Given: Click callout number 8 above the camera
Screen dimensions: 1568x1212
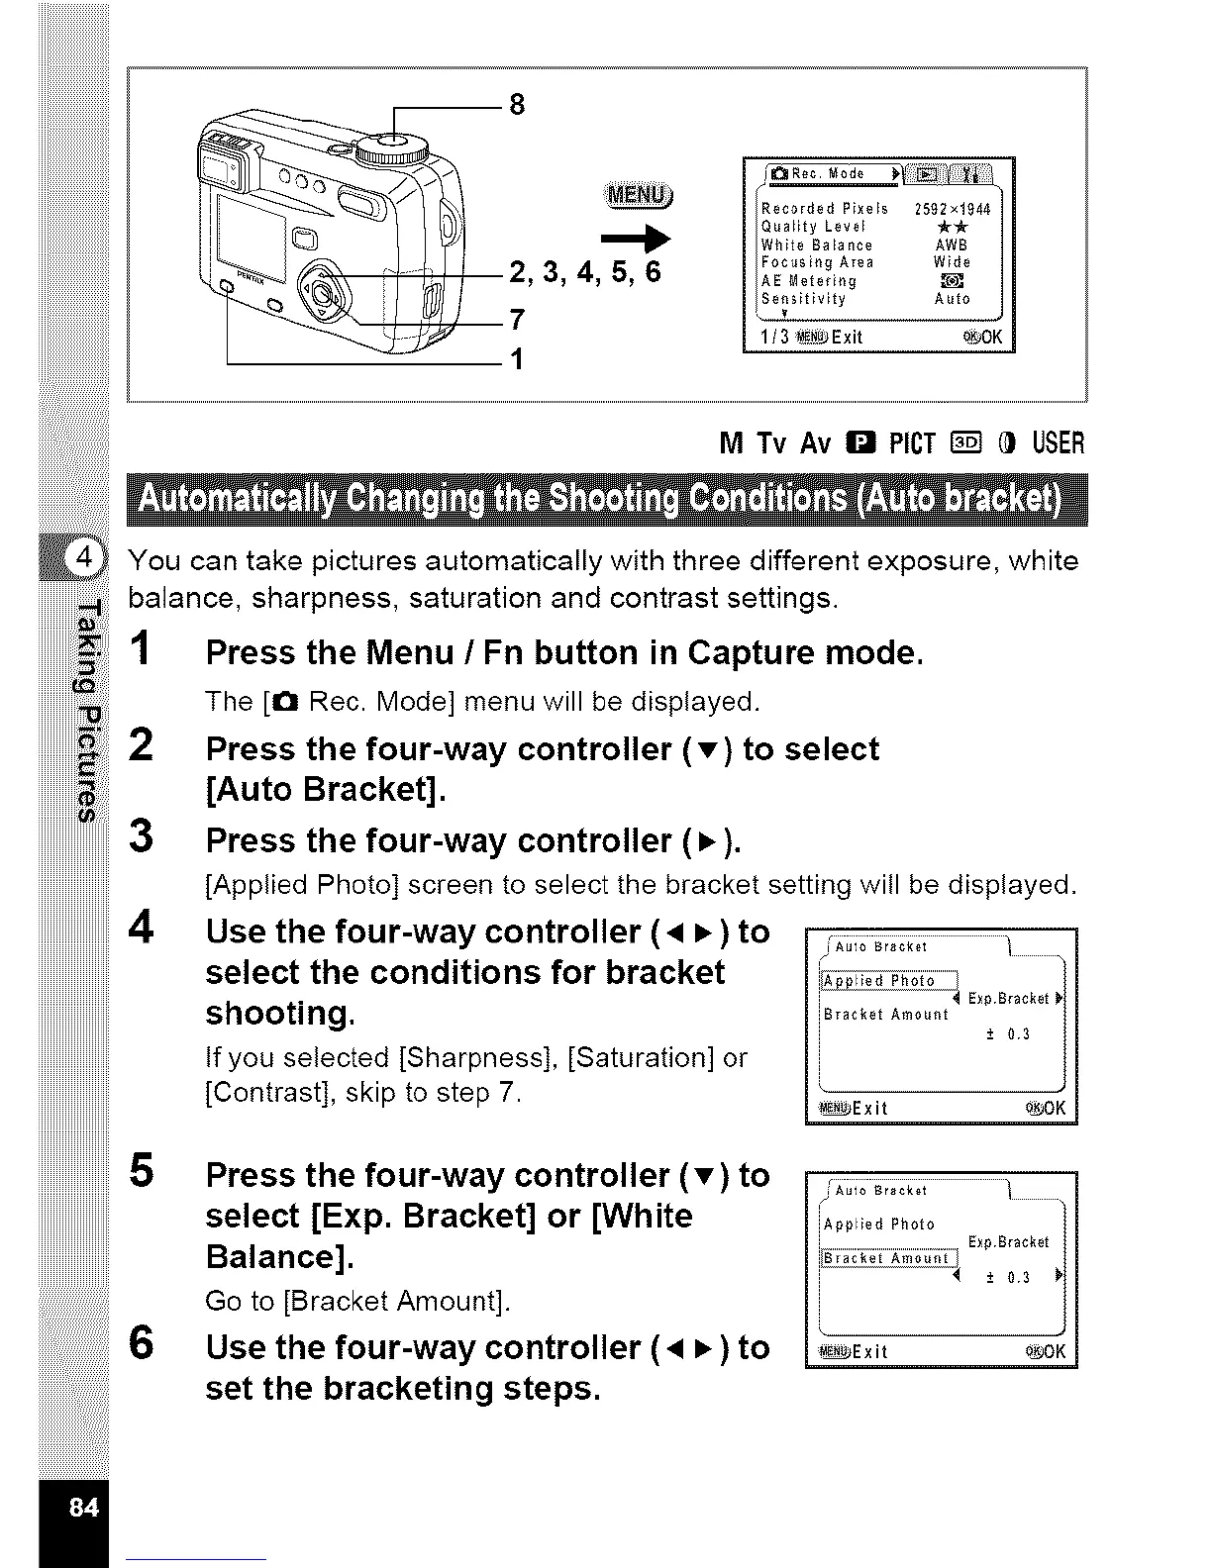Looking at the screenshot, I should tap(516, 105).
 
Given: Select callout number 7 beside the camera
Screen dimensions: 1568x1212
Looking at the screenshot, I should tap(515, 320).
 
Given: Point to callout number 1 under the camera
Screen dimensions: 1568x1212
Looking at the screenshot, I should tap(515, 358).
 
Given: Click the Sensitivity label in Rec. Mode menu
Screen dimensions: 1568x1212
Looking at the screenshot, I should tap(803, 299).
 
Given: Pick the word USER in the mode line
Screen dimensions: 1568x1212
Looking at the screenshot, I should tap(1059, 442).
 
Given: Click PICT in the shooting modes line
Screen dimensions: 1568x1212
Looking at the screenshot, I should tap(912, 442).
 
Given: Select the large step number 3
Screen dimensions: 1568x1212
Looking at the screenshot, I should tap(142, 836).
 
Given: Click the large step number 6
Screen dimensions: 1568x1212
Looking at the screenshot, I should tap(142, 1344).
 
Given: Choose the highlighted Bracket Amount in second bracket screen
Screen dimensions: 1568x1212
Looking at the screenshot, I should tap(887, 1258).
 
